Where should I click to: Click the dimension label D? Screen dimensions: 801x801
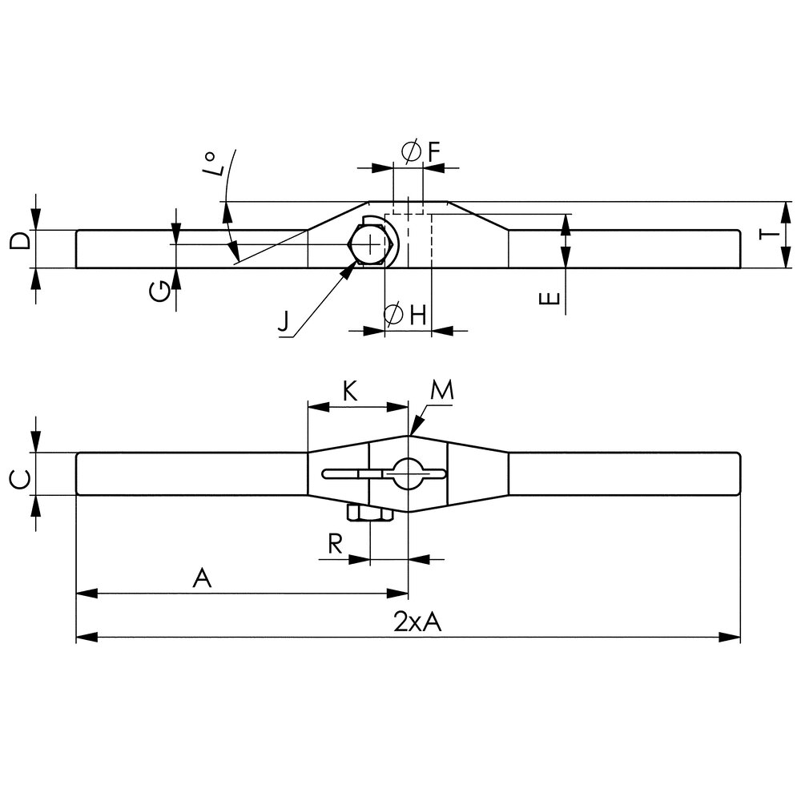click(20, 239)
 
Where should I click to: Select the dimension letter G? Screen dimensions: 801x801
click(160, 292)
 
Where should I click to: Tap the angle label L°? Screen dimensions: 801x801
click(214, 163)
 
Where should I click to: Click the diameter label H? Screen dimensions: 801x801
click(405, 315)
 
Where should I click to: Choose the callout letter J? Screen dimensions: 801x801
click(284, 321)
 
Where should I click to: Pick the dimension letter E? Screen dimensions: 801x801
click(549, 298)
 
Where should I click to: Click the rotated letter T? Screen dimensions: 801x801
click(771, 235)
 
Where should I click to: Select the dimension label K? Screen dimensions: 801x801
click(350, 392)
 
